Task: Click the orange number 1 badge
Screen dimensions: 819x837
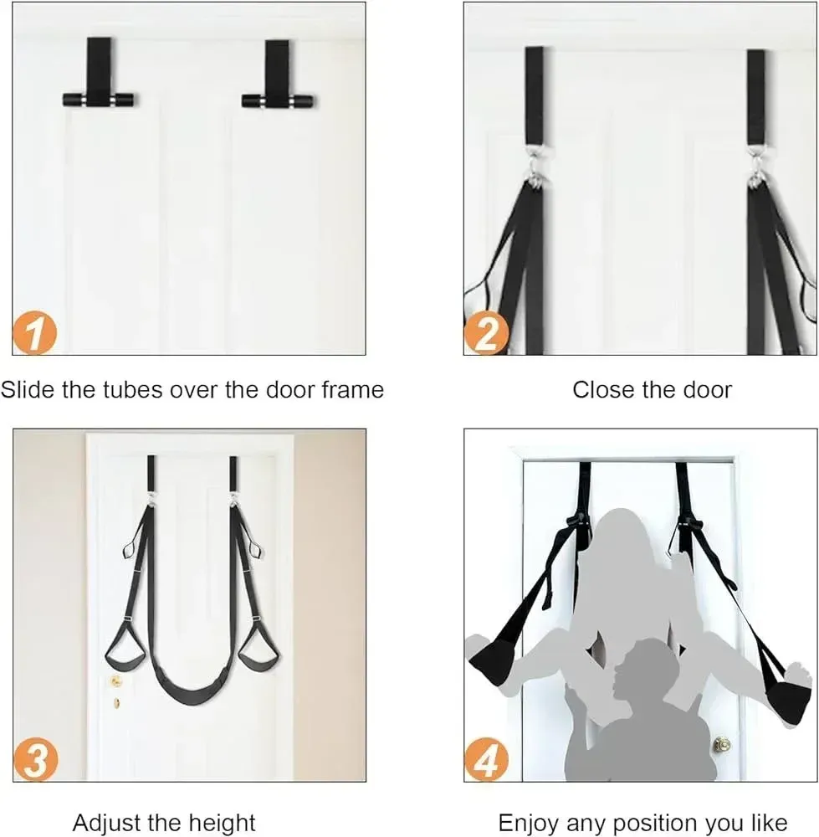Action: coord(34,332)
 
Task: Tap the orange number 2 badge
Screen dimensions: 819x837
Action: coord(486,334)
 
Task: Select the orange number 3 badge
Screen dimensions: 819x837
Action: coord(36,760)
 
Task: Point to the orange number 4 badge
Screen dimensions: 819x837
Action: coord(486,760)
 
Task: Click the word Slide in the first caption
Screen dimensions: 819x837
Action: coord(28,390)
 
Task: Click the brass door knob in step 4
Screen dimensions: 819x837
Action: coord(722,743)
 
